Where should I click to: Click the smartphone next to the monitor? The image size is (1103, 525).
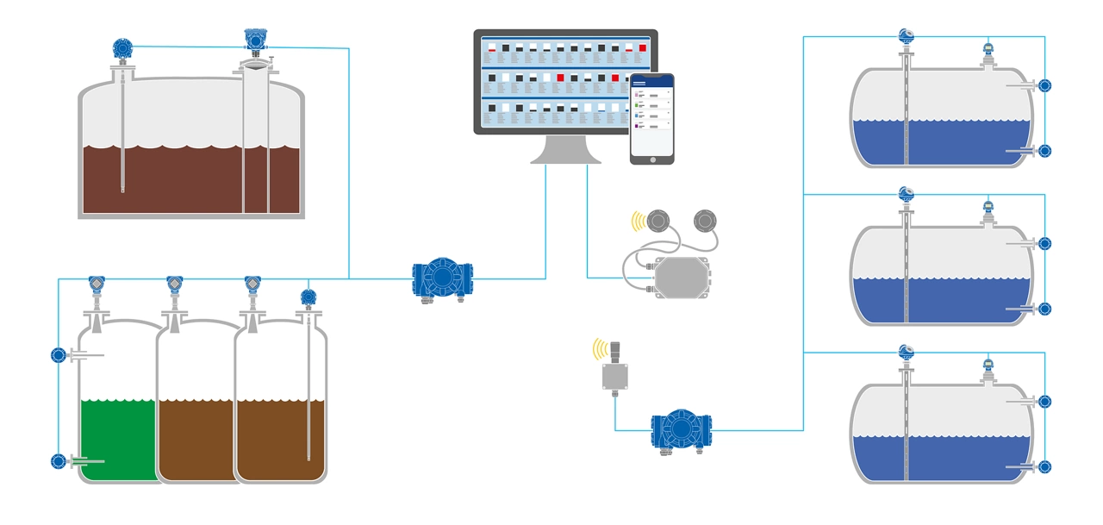coord(651,118)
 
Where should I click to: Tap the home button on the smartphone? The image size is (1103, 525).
coord(651,158)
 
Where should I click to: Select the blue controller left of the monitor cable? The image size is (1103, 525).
coord(442,278)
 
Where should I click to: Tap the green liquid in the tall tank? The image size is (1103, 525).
coord(117,440)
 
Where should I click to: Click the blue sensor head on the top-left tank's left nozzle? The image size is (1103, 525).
coord(123,48)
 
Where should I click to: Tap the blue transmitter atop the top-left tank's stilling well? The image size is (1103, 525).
coord(254,39)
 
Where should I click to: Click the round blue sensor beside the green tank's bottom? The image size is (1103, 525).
coord(59,461)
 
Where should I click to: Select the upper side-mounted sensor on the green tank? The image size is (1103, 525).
coord(59,354)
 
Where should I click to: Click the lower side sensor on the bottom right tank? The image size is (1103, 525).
coord(1044,466)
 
